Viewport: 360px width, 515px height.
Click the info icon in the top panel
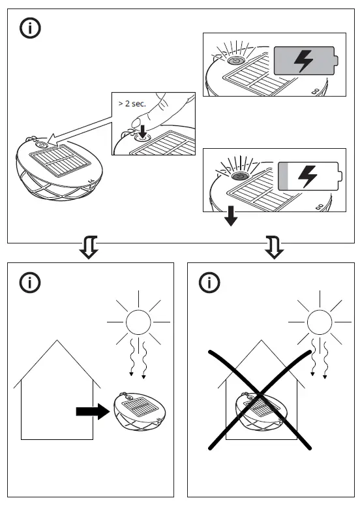(x=31, y=29)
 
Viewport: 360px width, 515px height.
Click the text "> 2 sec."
(x=132, y=104)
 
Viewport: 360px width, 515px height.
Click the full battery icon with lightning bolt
(x=304, y=61)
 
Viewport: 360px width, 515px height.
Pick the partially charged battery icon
(x=308, y=176)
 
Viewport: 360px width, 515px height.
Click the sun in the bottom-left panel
(x=138, y=321)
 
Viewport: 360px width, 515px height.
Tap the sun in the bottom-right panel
(x=319, y=321)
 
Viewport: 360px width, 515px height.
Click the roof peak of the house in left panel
(x=57, y=340)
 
